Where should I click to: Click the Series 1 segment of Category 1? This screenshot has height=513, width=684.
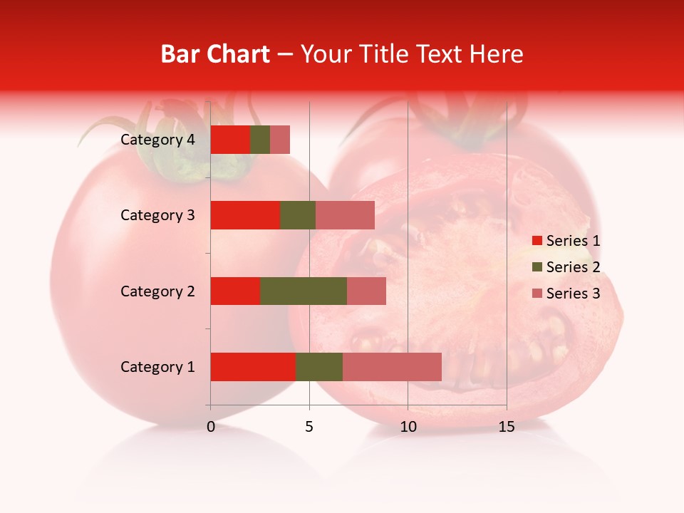[253, 367]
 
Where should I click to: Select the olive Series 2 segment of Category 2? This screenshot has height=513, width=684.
[304, 291]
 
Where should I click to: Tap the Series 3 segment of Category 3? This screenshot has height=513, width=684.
[345, 215]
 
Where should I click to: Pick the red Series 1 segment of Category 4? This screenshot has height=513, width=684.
[230, 140]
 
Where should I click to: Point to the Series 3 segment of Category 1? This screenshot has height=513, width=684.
[392, 367]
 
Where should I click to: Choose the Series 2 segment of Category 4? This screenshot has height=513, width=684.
[260, 140]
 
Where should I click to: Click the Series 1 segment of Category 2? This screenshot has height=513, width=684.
[235, 291]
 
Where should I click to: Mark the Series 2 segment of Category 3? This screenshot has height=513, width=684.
[298, 215]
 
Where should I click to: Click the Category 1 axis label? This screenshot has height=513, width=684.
[157, 367]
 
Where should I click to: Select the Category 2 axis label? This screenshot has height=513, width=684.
[157, 291]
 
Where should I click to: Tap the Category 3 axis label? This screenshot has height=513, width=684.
[157, 215]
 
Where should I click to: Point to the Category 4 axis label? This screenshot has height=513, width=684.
[157, 140]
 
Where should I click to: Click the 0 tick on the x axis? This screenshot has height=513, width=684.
[211, 427]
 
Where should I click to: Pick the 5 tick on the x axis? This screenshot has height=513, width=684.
[309, 427]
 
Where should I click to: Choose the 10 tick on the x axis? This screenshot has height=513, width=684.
[408, 427]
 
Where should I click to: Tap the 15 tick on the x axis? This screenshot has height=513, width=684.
[507, 427]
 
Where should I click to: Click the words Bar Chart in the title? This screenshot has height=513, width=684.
[215, 54]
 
